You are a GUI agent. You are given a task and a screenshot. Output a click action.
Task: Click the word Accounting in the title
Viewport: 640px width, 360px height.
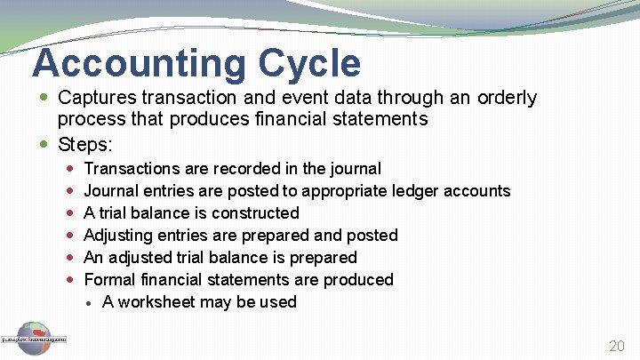point(139,63)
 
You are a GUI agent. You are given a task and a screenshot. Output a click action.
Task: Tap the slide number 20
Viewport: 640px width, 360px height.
point(616,347)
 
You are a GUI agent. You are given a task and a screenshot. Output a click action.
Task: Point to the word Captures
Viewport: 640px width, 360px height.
point(94,98)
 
